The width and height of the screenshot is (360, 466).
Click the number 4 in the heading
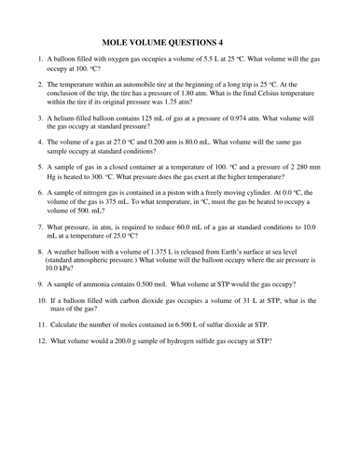click(x=247, y=42)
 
